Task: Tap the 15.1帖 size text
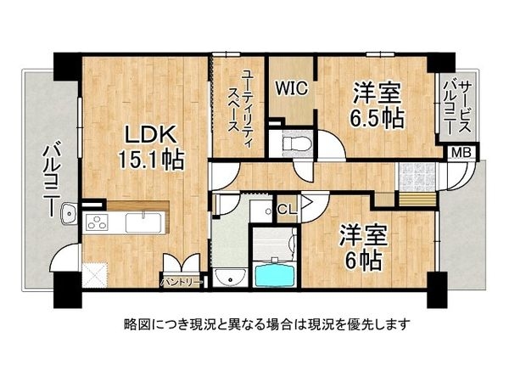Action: pos(152,159)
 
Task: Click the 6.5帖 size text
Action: pos(378,115)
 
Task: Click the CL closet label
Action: pos(287,209)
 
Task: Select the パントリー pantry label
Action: pos(180,279)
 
